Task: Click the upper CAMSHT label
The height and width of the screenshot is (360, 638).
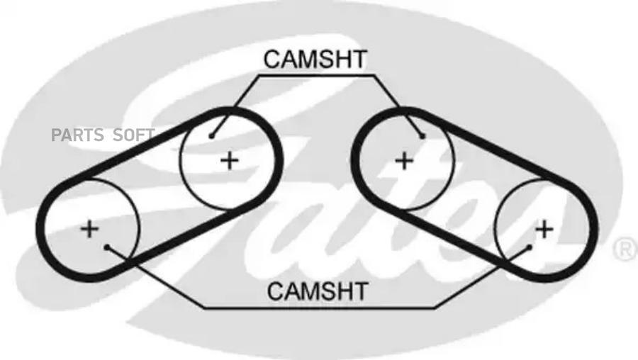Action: (315, 60)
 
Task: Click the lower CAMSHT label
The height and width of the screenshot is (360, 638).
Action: (318, 291)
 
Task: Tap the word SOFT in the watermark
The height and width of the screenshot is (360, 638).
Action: (134, 135)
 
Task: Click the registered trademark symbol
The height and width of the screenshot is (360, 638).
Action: (623, 248)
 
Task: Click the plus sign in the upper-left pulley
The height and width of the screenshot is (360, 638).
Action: (229, 160)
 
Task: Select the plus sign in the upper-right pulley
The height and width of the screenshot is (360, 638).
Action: (403, 160)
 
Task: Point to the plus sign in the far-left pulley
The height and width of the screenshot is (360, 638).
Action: (89, 228)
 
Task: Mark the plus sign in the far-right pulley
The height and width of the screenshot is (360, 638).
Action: (544, 228)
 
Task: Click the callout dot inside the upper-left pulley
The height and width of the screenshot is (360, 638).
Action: (211, 135)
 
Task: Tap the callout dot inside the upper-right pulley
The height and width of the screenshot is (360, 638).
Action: (422, 135)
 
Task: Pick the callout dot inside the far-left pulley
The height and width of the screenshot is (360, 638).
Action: (106, 247)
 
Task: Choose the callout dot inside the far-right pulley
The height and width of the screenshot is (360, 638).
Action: (529, 247)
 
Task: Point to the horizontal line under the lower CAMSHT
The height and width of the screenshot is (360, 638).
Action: (319, 308)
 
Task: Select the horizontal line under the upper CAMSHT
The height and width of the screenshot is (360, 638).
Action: (315, 74)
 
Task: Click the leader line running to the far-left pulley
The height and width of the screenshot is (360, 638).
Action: (156, 277)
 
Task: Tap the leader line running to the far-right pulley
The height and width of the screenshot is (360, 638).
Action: (482, 277)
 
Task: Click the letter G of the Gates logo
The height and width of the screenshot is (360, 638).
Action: (177, 128)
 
